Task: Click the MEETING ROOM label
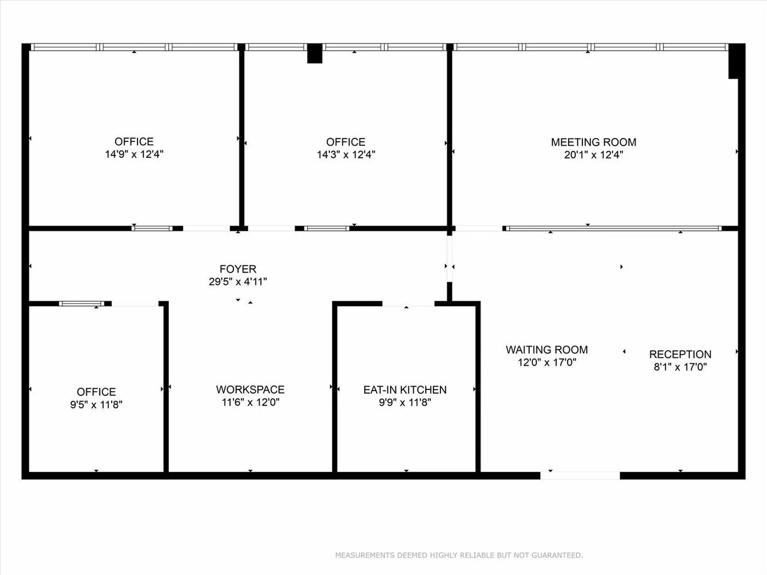tap(593, 142)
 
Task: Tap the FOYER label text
tap(238, 269)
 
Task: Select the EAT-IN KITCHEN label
tap(405, 389)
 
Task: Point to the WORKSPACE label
tap(250, 389)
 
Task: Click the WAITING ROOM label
tap(547, 349)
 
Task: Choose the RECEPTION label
tap(680, 354)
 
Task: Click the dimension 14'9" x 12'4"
tap(134, 154)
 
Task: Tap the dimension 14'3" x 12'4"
tap(346, 154)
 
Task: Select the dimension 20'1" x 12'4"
tap(594, 154)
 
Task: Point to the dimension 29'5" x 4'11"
tap(238, 281)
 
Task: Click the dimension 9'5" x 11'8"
tap(96, 404)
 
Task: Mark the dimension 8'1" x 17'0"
tap(680, 367)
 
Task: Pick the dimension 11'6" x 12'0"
tap(250, 402)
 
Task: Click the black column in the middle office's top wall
tap(314, 54)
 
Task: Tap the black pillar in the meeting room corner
tap(734, 61)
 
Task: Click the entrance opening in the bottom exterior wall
tap(580, 475)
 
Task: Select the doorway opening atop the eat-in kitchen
tap(408, 303)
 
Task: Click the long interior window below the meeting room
tap(614, 228)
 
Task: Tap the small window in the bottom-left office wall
tap(82, 303)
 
